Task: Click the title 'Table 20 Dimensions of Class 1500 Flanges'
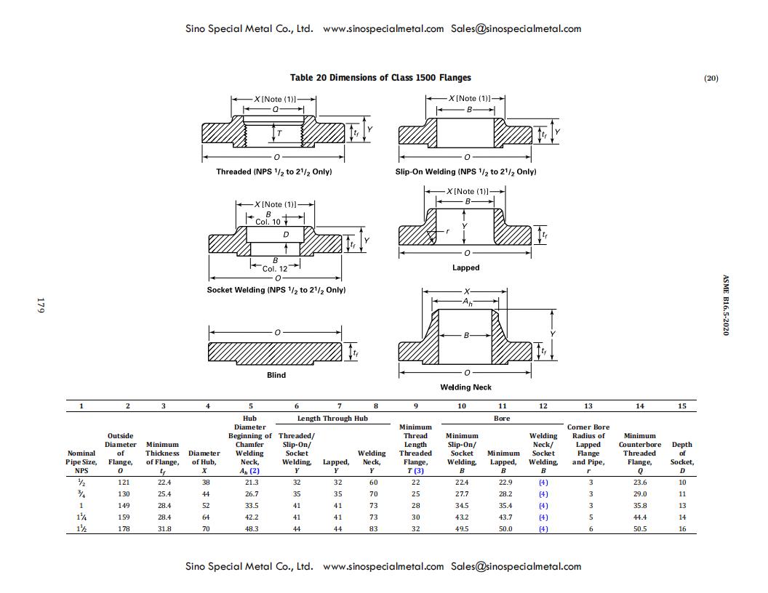tap(380, 78)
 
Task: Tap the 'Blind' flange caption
tap(276, 375)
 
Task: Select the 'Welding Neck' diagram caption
tap(465, 387)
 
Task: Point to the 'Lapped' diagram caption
tap(465, 267)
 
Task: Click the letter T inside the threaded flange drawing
tap(279, 134)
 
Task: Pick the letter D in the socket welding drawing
tap(286, 235)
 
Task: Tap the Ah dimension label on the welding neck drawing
tap(466, 302)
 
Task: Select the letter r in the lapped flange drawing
tap(448, 232)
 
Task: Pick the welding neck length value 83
tap(373, 529)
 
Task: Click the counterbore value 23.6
tap(640, 483)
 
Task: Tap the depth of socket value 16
tap(682, 529)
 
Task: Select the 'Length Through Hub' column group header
tap(335, 419)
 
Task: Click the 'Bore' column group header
tap(502, 419)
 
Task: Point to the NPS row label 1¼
tap(81, 517)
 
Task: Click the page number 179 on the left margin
tap(41, 305)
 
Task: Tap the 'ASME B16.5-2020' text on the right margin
tap(725, 305)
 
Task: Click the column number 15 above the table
tap(682, 406)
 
